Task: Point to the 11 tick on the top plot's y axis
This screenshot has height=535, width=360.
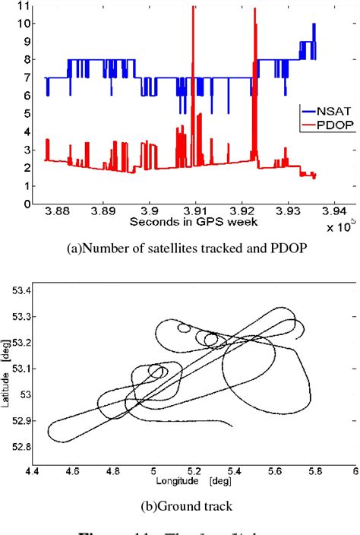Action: [25, 6]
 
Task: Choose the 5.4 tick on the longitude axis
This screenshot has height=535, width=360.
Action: [248, 471]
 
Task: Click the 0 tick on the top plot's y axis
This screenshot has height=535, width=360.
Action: [27, 204]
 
